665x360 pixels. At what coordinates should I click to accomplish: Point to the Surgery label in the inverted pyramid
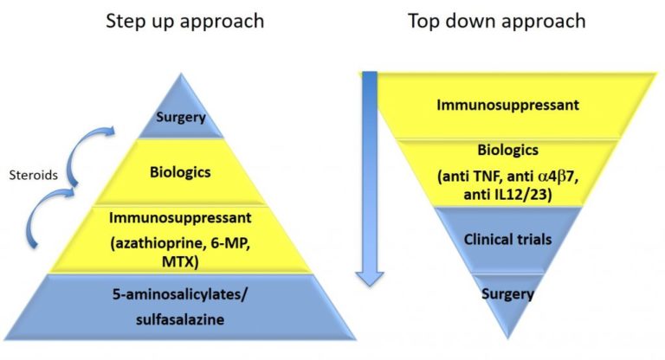coord(508,294)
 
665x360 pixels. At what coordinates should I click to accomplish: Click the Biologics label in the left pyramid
coord(181,170)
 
